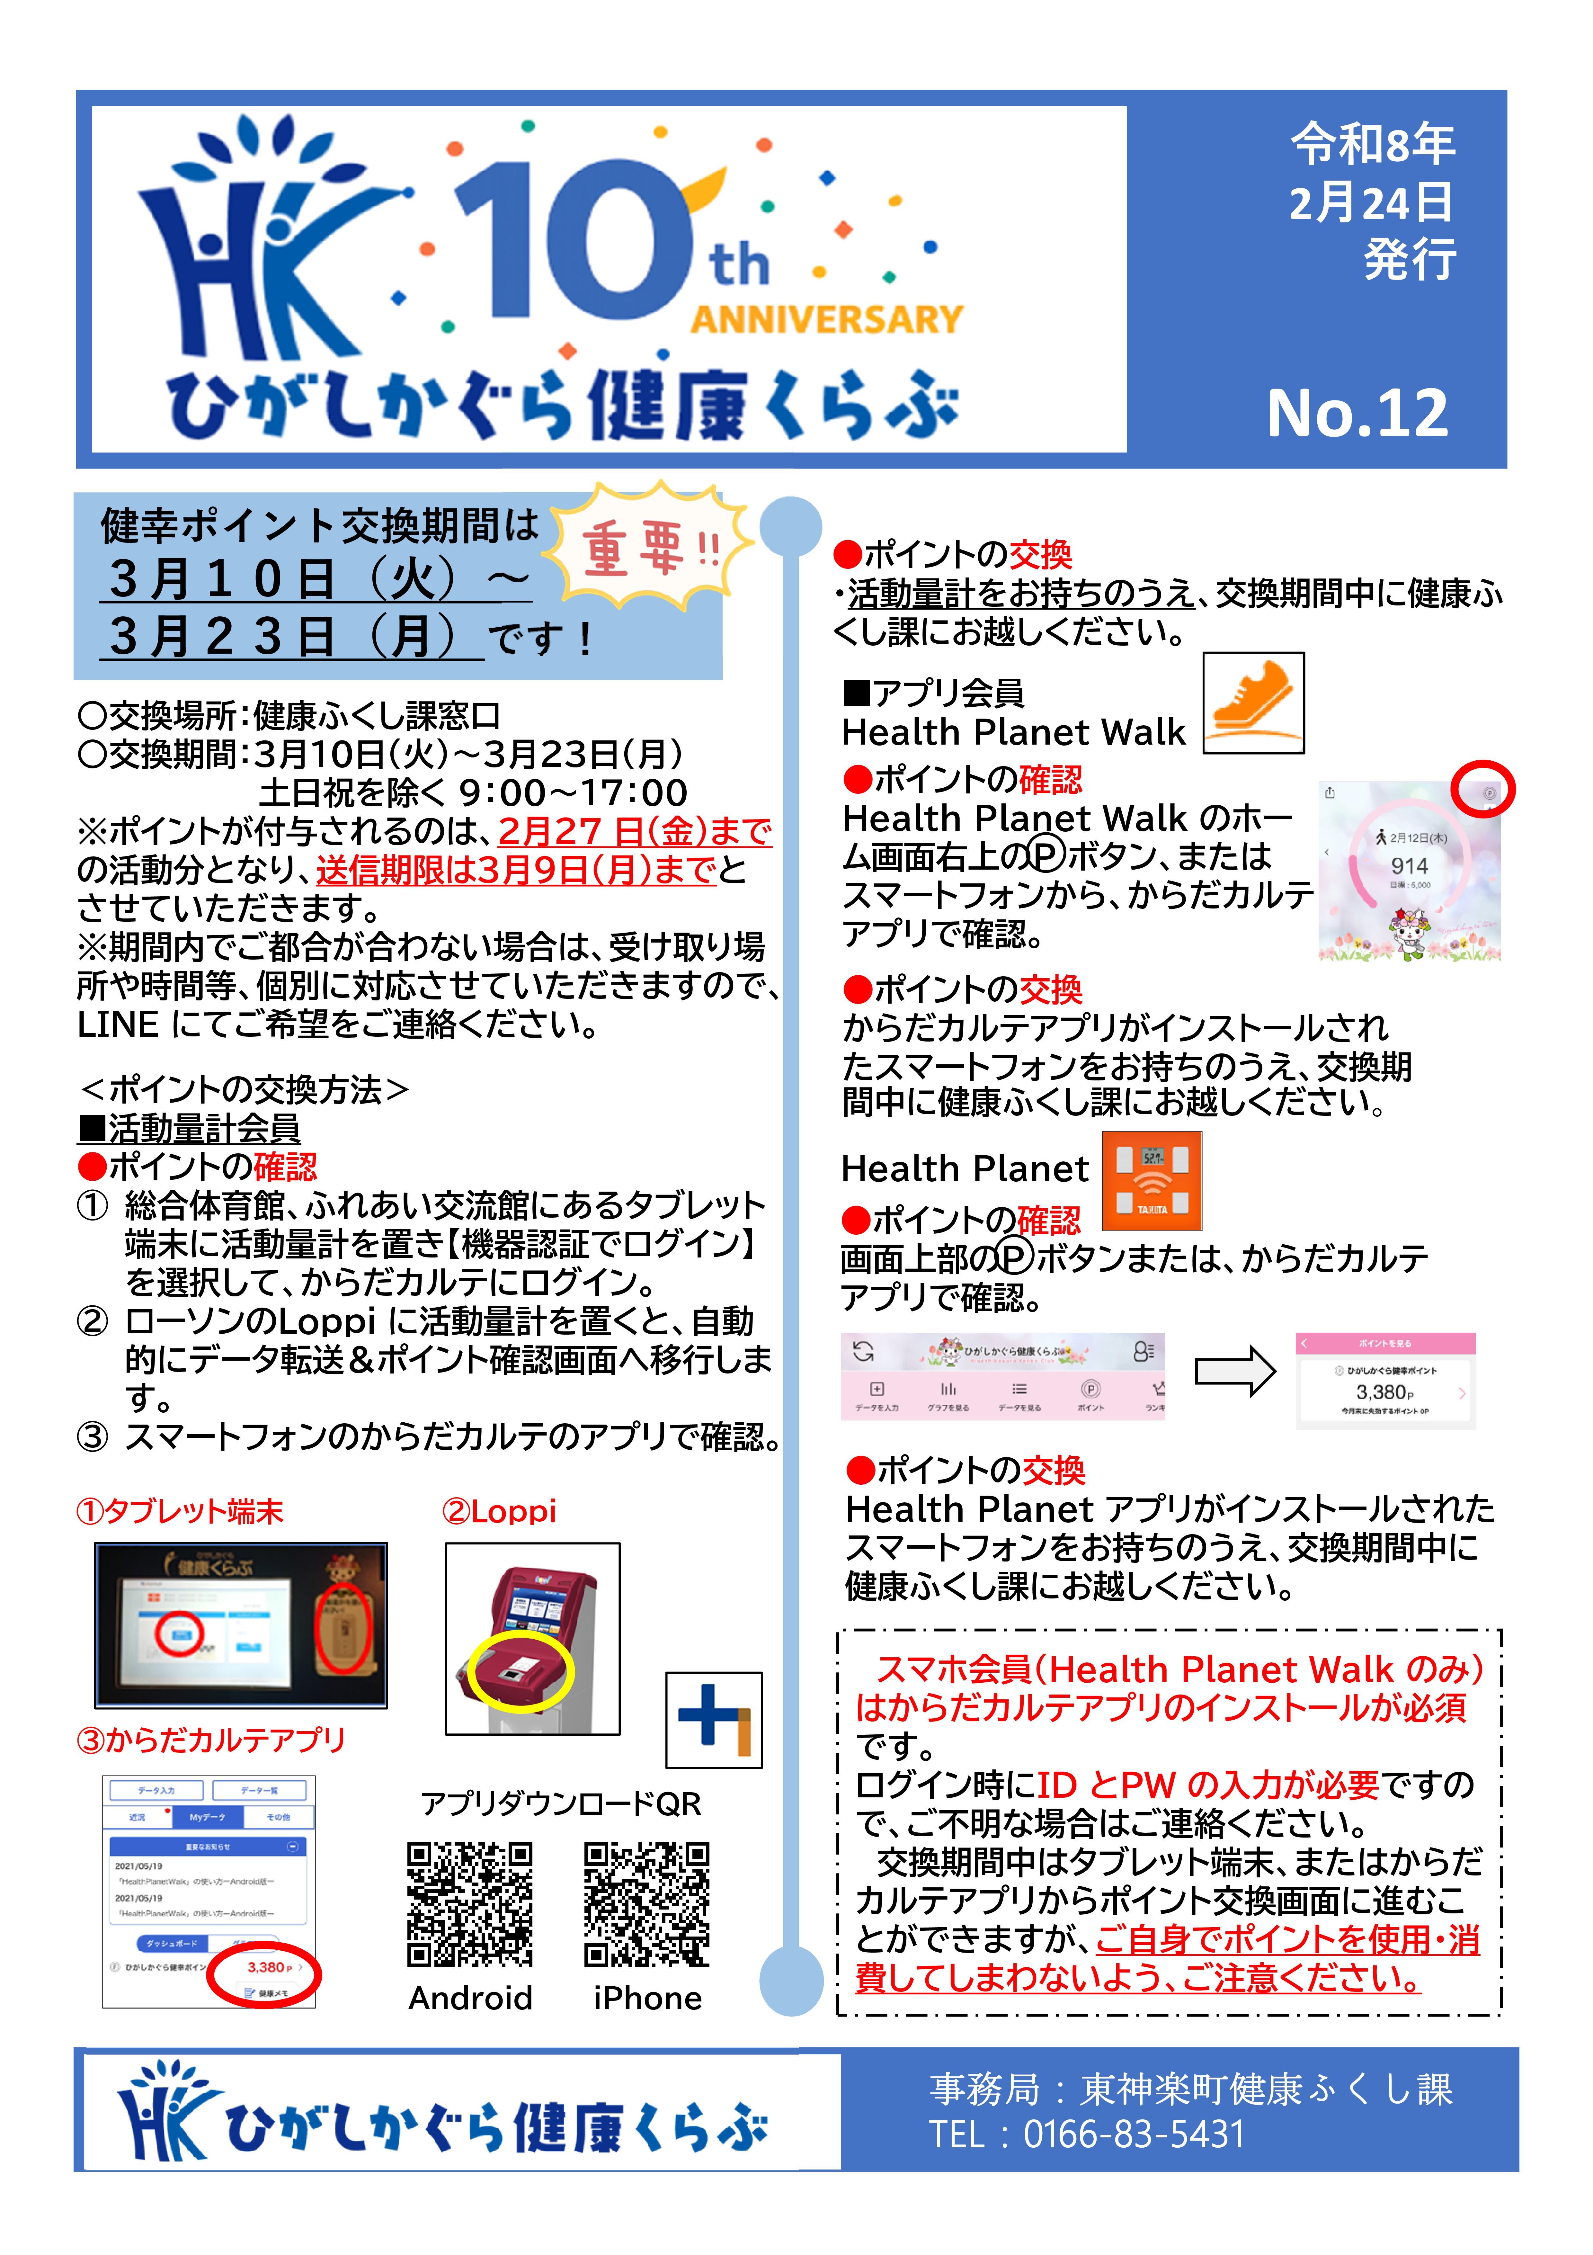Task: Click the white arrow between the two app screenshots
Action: pos(1234,1371)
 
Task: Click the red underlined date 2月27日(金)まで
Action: pos(635,831)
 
